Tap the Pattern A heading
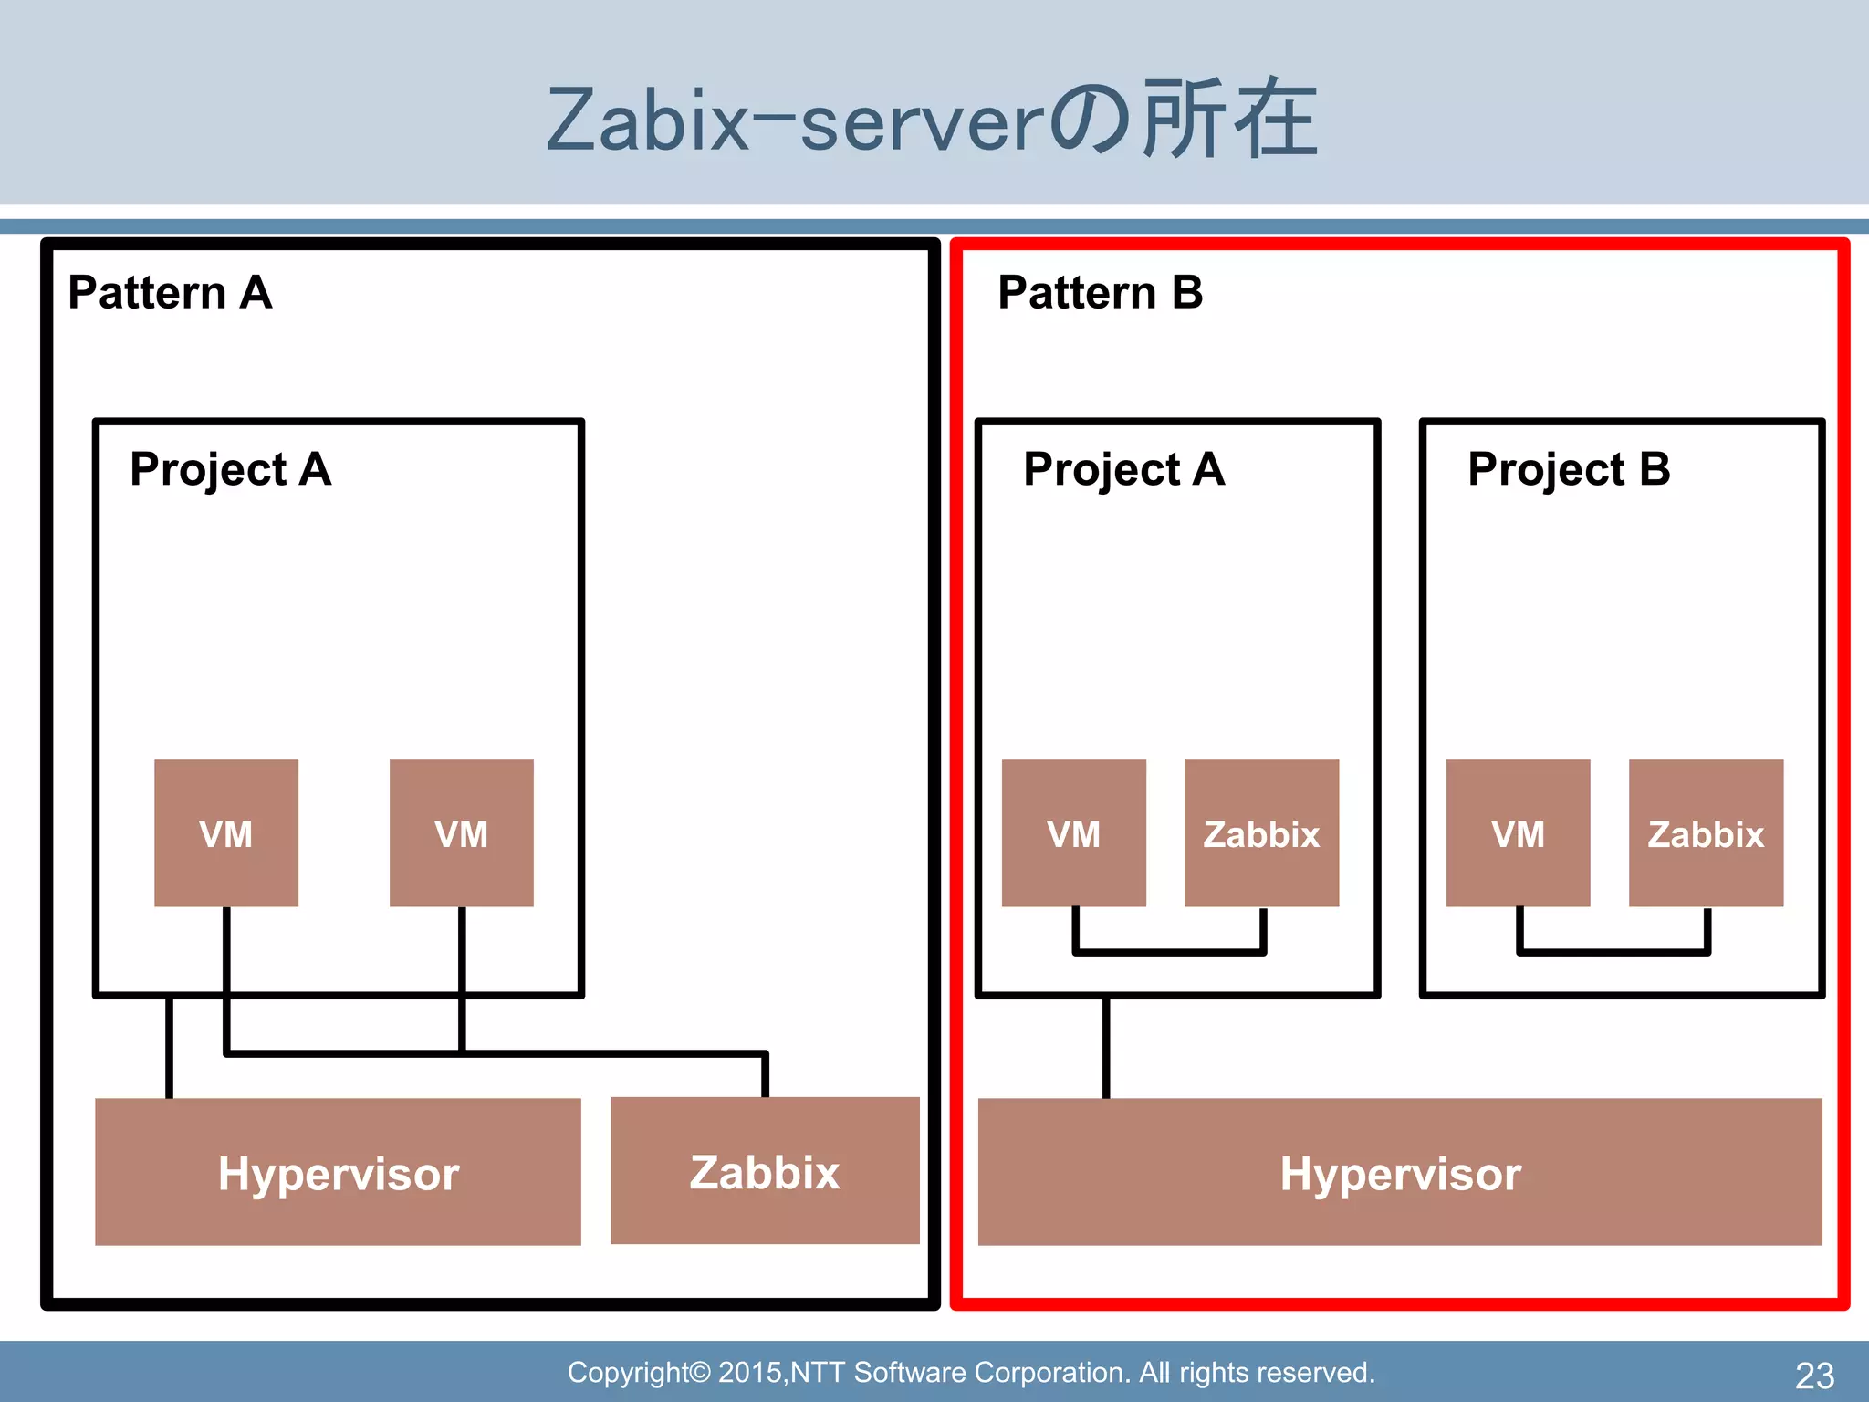pos(170,293)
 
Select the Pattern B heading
pos(1100,293)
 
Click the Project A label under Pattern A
pos(230,470)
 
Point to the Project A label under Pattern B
pos(1123,470)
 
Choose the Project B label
pos(1568,470)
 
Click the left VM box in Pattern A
pos(225,832)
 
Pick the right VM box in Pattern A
pos(461,832)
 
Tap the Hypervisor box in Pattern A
pos(338,1172)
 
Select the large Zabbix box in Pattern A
pos(765,1171)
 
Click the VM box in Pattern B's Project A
pos(1073,832)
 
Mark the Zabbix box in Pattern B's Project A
pos(1261,832)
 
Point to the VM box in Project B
pos(1518,832)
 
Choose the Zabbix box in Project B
pos(1706,832)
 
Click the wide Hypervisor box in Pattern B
pos(1400,1172)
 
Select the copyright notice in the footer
pos(971,1373)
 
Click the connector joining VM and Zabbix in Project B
pos(1613,951)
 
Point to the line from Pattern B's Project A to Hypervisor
pos(1106,1048)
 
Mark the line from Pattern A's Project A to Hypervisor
pos(169,1048)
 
